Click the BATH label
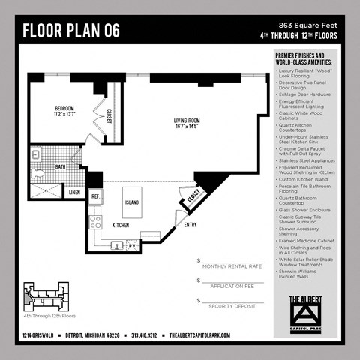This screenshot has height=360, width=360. (x=59, y=167)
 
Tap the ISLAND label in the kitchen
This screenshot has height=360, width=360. (x=131, y=202)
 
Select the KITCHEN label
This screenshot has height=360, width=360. (x=121, y=225)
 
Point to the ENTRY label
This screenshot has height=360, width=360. (x=190, y=224)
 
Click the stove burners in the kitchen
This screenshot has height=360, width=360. (x=95, y=223)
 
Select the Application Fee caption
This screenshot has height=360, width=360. (x=232, y=286)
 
